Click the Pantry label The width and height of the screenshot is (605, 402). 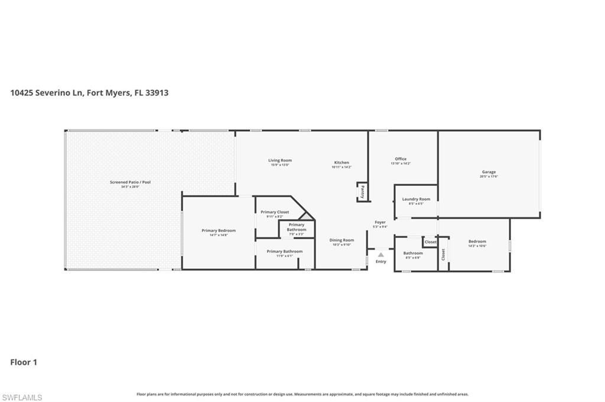pyautogui.click(x=362, y=191)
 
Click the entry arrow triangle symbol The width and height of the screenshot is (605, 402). pyautogui.click(x=381, y=254)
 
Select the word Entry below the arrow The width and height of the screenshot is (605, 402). pyautogui.click(x=381, y=262)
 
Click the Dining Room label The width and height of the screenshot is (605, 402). pyautogui.click(x=341, y=241)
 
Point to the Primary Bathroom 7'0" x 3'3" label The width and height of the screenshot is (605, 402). pyautogui.click(x=297, y=228)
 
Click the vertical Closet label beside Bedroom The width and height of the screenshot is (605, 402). pyautogui.click(x=443, y=254)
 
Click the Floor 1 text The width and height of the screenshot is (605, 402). pyautogui.click(x=24, y=362)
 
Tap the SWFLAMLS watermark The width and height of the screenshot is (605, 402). pyautogui.click(x=22, y=397)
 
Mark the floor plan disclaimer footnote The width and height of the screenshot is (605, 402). pyautogui.click(x=302, y=394)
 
